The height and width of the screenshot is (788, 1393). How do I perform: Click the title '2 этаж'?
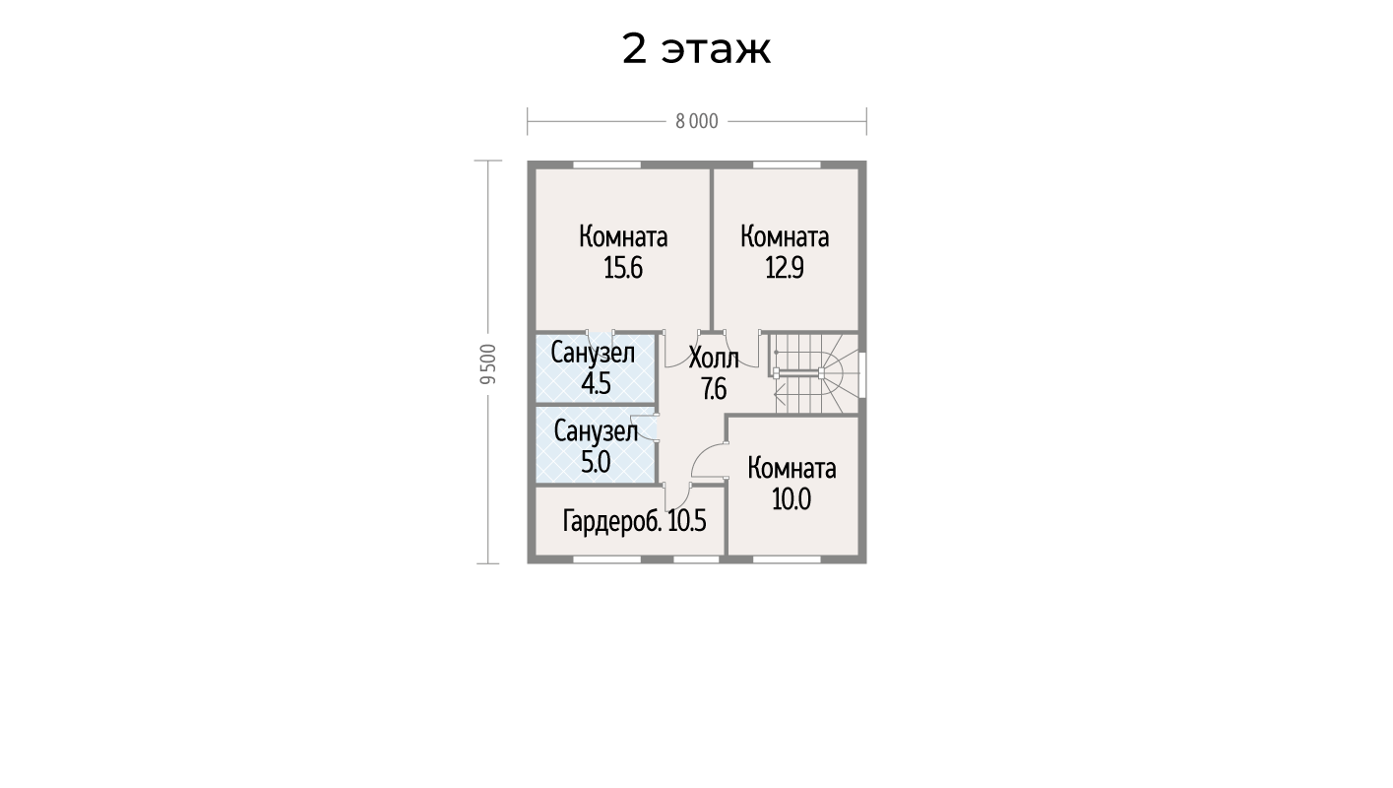coord(696,49)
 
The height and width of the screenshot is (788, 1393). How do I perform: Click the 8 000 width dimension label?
coord(697,122)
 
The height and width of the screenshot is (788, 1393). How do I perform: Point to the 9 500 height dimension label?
coord(489,363)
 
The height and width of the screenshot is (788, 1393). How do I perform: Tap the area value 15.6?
coord(623,268)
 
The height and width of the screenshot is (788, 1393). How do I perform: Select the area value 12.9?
coord(785,268)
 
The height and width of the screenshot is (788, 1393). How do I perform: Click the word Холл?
coord(714,359)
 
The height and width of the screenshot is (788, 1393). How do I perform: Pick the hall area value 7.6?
coord(714,390)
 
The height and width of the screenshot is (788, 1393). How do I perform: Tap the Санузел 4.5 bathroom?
coord(596,368)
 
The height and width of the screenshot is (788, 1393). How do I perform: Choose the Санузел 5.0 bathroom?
coord(596,444)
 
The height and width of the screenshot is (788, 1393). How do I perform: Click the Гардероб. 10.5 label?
coord(634,521)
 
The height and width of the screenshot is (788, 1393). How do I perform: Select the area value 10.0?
coord(791,499)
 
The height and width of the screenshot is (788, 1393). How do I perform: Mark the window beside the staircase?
coord(862,374)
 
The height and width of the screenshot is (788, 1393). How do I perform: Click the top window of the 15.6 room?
coord(606,164)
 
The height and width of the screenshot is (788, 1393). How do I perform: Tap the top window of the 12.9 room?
coord(787,164)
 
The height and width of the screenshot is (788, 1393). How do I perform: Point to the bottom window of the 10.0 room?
coord(787,559)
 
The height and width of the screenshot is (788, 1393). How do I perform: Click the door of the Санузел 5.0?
coord(647,428)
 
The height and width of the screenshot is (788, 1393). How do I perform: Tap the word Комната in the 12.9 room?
coord(785,237)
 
